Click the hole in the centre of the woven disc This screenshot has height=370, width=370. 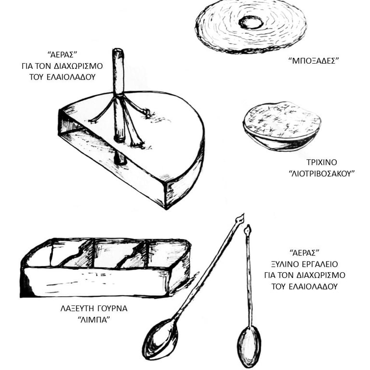[x=251, y=23]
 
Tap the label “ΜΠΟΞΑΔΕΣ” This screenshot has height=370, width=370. [x=314, y=61]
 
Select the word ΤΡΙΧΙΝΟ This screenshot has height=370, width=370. [x=322, y=162]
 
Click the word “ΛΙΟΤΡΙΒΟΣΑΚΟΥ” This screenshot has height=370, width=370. [x=322, y=173]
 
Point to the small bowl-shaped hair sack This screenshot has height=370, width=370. [x=282, y=126]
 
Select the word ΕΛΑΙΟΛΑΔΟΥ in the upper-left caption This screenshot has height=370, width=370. [x=70, y=77]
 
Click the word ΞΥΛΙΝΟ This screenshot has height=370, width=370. [x=285, y=264]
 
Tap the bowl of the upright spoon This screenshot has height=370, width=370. [x=249, y=346]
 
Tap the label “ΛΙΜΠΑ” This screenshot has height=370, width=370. [x=94, y=320]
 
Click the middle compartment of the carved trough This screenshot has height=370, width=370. [x=120, y=254]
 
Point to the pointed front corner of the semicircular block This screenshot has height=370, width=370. [x=166, y=208]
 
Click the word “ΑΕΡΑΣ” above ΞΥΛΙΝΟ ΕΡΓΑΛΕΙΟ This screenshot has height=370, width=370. [x=304, y=253]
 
